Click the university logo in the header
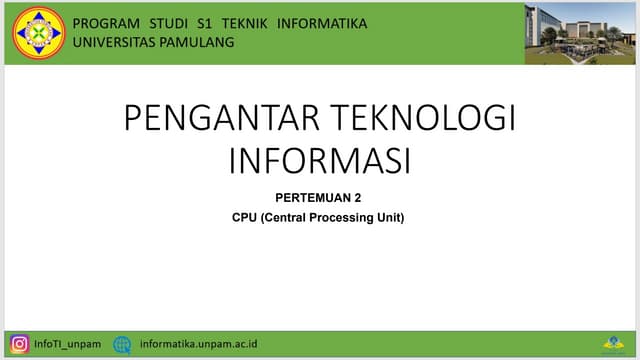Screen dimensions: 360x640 [x=39, y=32]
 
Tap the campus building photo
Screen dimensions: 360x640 [x=579, y=33]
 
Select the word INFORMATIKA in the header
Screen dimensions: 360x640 [x=321, y=23]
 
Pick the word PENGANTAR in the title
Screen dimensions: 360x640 [x=222, y=119]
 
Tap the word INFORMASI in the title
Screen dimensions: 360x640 [x=320, y=160]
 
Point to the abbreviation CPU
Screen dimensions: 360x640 [x=244, y=217]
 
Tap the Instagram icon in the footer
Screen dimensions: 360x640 [x=19, y=344]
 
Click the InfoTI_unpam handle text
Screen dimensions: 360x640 [x=68, y=344]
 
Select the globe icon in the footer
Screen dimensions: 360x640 [x=122, y=344]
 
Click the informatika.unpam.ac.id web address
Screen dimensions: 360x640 [x=199, y=344]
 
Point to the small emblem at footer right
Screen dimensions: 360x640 [x=612, y=344]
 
